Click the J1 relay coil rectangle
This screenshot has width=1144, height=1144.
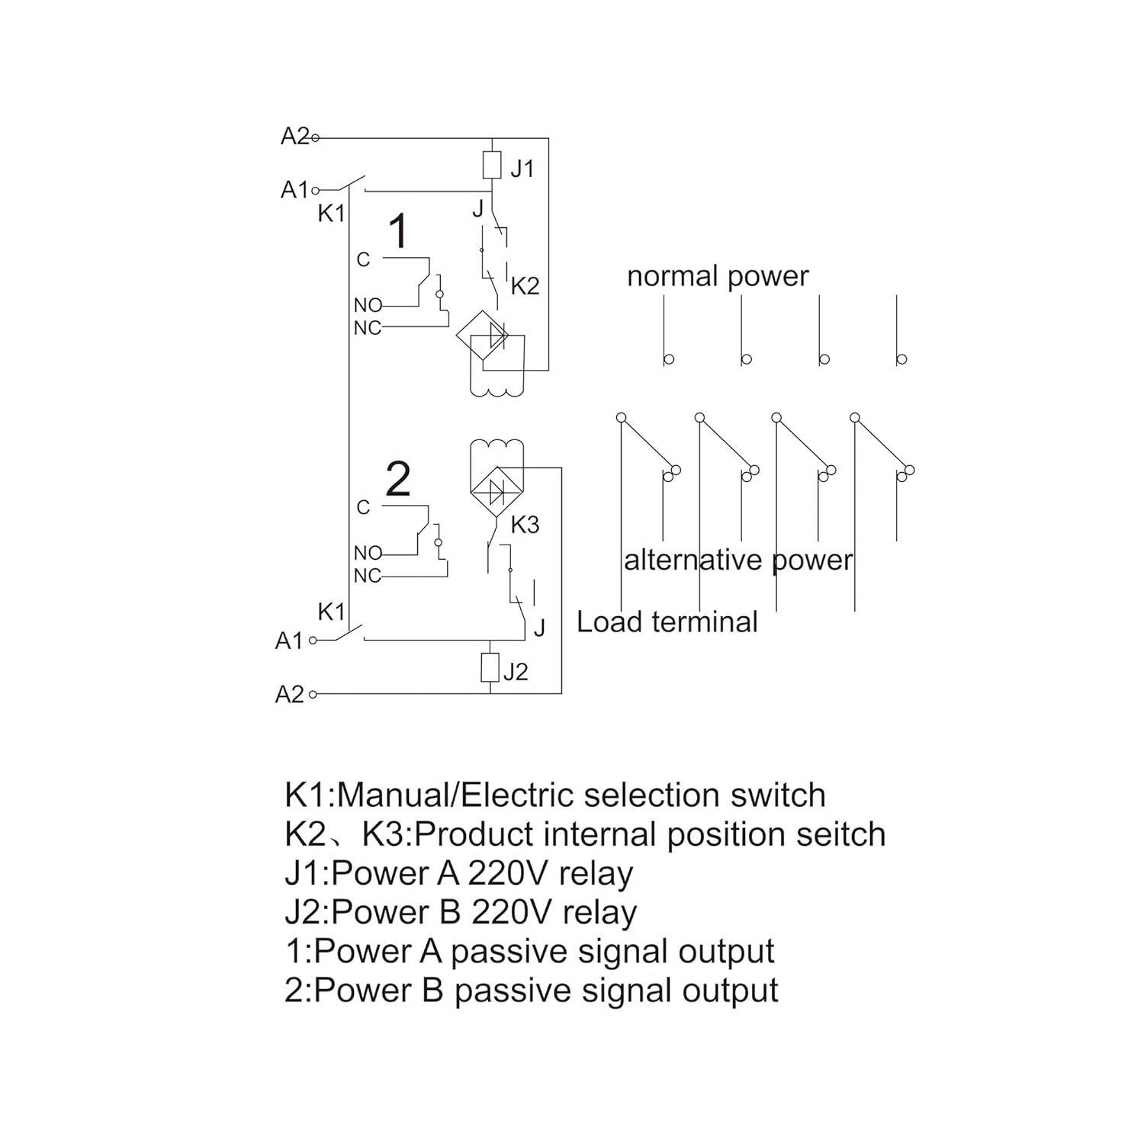492,165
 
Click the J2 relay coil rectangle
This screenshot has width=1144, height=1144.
490,667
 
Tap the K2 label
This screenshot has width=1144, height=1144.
525,286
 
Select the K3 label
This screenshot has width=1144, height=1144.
525,525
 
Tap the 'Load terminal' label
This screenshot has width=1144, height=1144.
667,622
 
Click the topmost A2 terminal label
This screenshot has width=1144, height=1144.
294,137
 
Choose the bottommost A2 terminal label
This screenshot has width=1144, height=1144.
289,695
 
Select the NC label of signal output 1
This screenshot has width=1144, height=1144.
367,328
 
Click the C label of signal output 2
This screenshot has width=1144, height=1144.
363,508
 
